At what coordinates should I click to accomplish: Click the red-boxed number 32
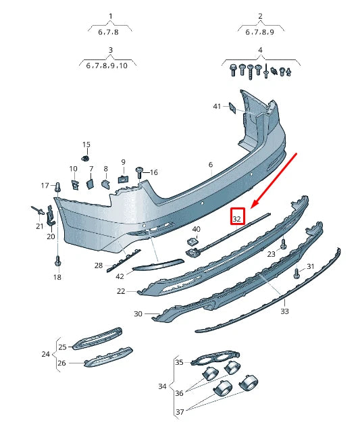click(x=236, y=218)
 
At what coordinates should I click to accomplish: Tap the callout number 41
click(x=217, y=106)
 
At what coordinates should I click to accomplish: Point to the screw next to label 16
click(x=140, y=172)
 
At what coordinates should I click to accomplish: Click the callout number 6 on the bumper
click(x=210, y=165)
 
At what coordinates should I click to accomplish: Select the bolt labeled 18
click(x=57, y=261)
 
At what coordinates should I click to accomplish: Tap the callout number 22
click(x=121, y=291)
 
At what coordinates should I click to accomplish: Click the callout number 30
click(x=138, y=313)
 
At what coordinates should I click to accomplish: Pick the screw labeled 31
click(x=297, y=273)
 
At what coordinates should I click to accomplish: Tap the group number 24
click(x=45, y=353)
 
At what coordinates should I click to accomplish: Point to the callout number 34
click(x=162, y=386)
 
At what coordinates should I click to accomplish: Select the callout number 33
click(x=284, y=311)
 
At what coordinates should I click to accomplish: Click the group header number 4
click(x=259, y=51)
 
